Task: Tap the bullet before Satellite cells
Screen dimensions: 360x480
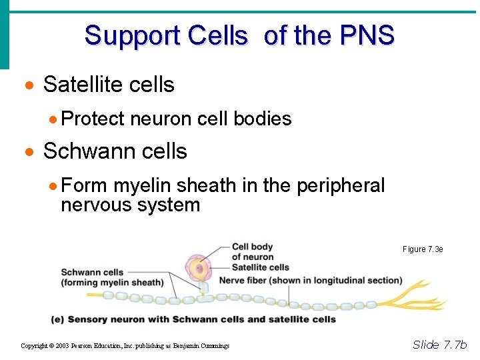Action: pos(28,85)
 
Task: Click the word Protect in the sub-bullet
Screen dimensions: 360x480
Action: pos(93,119)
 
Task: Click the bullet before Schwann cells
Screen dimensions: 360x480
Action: pos(28,152)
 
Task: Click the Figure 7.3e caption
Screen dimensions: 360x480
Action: pos(423,249)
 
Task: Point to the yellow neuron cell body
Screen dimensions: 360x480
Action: pos(197,269)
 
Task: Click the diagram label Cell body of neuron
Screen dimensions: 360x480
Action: pos(252,252)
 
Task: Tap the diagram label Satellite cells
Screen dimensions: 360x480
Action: pos(260,268)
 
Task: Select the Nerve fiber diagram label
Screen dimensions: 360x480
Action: pos(310,280)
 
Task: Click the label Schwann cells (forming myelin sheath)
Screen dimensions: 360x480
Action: pos(112,277)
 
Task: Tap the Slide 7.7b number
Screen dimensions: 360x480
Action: pos(439,345)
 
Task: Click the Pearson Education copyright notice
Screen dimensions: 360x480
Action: pos(125,345)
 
